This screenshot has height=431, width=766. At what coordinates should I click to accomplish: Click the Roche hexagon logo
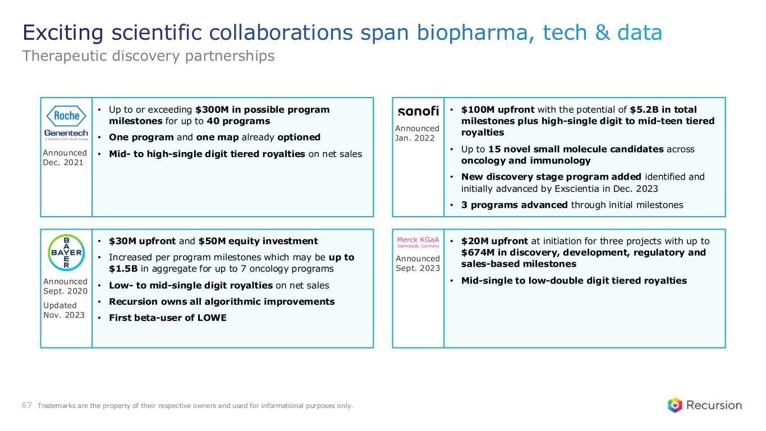tap(66, 116)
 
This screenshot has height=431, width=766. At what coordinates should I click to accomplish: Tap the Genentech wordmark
tap(66, 133)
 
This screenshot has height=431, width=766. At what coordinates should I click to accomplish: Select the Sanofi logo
tap(418, 111)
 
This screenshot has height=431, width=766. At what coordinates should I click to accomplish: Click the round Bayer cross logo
tap(66, 253)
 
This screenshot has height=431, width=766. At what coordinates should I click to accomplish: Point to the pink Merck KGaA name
tap(418, 240)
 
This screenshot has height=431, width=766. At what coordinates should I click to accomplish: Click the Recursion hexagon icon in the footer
tap(675, 405)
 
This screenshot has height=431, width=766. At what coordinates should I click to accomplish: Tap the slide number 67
tap(27, 405)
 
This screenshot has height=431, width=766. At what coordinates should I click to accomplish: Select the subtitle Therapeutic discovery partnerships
tap(148, 56)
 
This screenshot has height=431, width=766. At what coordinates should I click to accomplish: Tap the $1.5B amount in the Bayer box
tap(123, 268)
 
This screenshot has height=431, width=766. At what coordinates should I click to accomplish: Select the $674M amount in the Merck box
tap(477, 253)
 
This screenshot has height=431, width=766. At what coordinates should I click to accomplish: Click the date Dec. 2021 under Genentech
tap(63, 163)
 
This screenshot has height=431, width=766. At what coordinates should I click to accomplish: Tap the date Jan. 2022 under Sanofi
tap(415, 138)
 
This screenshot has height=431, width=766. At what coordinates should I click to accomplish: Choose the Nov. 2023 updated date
tap(64, 315)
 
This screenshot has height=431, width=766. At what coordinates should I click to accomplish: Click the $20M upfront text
tap(494, 241)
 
